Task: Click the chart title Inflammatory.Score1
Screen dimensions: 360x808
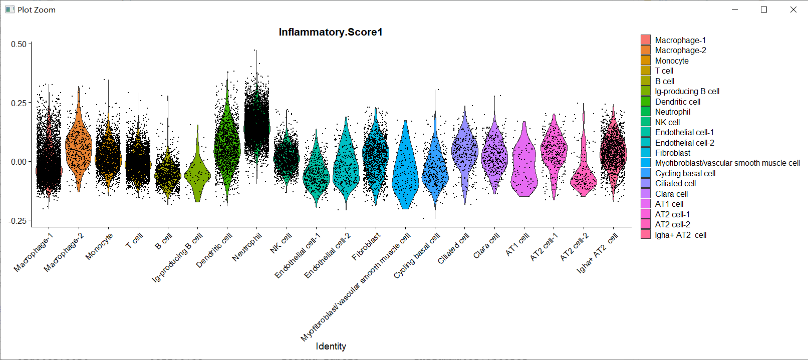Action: coord(331,32)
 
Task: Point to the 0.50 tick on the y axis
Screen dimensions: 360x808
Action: coord(19,44)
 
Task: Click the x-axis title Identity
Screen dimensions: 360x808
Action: coord(331,346)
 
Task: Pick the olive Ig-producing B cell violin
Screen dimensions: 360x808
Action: coord(197,175)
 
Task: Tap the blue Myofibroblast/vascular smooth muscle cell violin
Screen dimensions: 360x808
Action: coord(405,170)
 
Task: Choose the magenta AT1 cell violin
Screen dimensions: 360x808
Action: coord(524,165)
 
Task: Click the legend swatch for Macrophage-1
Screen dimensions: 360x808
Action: coord(646,40)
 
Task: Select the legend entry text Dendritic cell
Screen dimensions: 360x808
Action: coord(678,102)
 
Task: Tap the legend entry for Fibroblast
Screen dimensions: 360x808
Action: coord(672,153)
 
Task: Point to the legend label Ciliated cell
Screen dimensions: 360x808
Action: coord(675,183)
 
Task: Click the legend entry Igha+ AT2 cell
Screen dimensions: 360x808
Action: coord(680,235)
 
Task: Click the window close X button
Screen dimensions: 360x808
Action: coord(793,10)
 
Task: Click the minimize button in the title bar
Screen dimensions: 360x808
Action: coord(735,10)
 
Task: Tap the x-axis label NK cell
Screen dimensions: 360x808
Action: coord(281,243)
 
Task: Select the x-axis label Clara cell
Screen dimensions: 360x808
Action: coord(486,245)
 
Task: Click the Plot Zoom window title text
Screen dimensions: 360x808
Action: coord(37,10)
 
